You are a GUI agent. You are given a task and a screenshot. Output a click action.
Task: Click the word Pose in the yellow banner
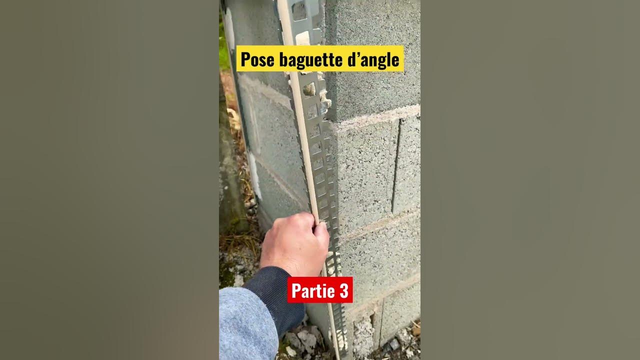[257, 59]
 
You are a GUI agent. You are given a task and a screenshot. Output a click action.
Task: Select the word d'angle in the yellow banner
[372, 60]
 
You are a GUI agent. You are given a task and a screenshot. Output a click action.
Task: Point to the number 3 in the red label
[343, 291]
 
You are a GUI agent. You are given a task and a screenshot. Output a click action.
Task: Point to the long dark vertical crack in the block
[396, 165]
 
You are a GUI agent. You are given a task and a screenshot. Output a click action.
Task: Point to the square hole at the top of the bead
[299, 11]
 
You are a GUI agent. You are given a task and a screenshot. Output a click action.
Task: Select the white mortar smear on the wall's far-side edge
[254, 175]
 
